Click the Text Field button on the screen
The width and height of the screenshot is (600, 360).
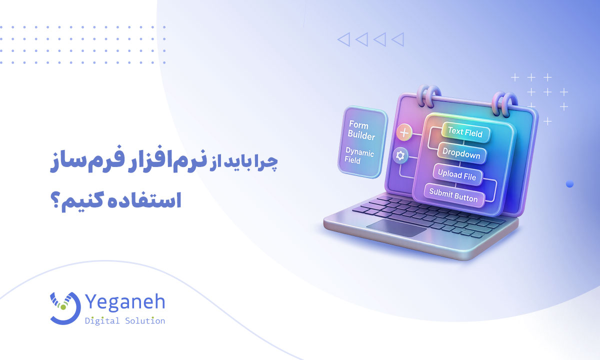(x=465, y=132)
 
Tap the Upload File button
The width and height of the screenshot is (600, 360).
(x=457, y=174)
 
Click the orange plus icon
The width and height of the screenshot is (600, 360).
(x=404, y=133)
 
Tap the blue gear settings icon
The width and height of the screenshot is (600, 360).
(x=400, y=155)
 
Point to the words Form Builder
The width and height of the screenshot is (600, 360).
(x=361, y=130)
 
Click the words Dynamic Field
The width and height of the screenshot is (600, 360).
(x=359, y=155)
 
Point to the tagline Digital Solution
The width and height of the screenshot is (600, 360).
(x=125, y=320)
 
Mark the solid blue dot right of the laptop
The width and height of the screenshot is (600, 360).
(x=569, y=184)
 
